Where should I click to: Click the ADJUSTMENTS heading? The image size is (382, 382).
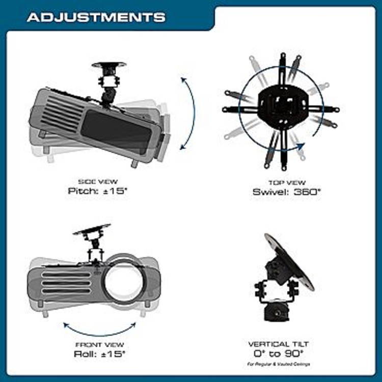point(96,17)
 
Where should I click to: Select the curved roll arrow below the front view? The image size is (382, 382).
point(99,327)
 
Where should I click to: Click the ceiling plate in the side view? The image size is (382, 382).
point(110,65)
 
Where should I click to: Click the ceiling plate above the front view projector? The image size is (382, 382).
point(92,230)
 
